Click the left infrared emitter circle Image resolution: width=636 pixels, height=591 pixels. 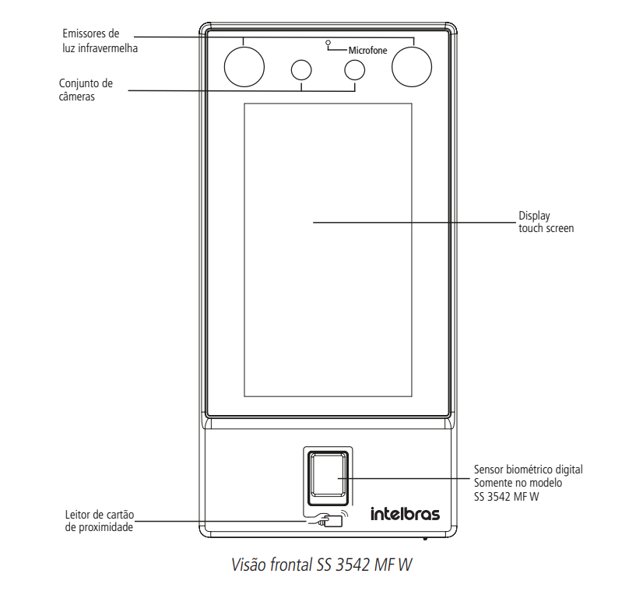tap(244, 65)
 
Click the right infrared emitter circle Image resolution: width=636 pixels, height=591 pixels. tap(411, 65)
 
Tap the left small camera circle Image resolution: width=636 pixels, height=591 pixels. tap(300, 70)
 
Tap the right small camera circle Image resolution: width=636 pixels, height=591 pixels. tap(354, 70)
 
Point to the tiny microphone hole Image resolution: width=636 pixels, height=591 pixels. tap(329, 41)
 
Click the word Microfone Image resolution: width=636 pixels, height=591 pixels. tap(367, 51)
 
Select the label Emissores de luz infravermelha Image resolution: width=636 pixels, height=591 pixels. tap(92, 40)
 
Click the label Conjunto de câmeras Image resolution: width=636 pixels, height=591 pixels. tap(86, 90)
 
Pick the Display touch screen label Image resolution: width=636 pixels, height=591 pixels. tap(546, 223)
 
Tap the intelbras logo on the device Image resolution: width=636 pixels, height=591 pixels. tap(404, 514)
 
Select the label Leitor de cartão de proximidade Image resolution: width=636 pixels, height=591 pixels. tap(99, 521)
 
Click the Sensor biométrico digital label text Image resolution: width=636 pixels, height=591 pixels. tap(528, 470)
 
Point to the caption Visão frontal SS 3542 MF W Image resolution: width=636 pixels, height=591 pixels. tap(322, 564)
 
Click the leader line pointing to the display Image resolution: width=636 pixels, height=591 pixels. tap(413, 222)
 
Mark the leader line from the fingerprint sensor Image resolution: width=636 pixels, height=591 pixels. tap(405, 478)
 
